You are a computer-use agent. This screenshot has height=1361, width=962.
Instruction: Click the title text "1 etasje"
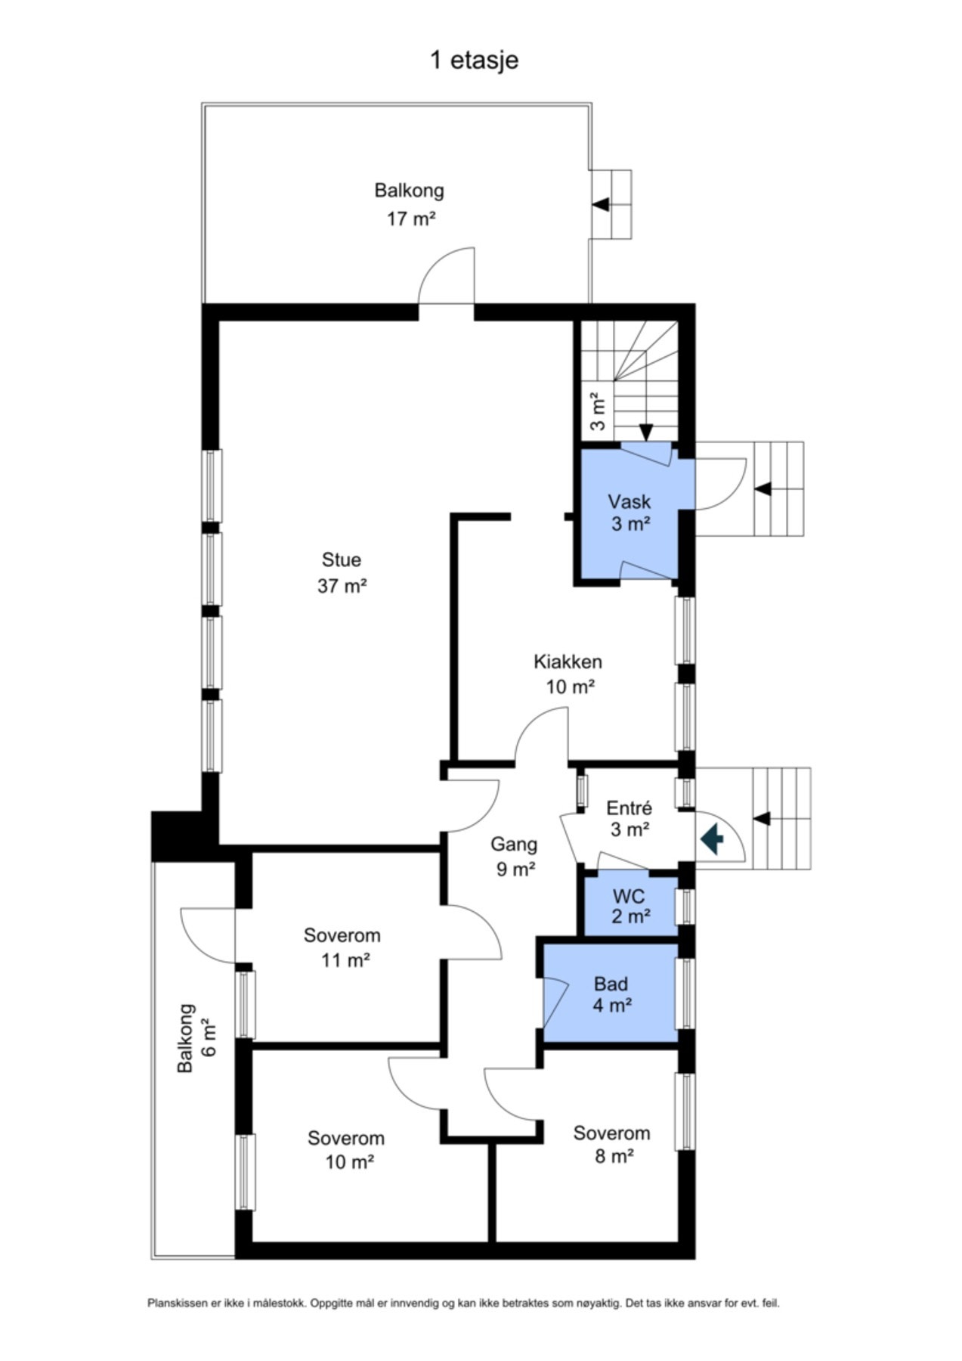tap(474, 60)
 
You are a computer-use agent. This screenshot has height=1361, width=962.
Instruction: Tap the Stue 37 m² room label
tap(342, 572)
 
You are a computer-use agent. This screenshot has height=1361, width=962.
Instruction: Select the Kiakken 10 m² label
tap(568, 674)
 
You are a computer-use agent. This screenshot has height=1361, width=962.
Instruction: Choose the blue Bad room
tap(611, 993)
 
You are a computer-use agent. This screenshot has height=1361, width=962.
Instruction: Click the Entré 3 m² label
tap(629, 819)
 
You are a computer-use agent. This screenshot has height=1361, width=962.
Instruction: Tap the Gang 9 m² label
tap(515, 856)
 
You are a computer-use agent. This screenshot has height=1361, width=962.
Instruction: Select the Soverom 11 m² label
tap(342, 947)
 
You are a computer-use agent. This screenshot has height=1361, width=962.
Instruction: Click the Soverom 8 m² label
tap(611, 1144)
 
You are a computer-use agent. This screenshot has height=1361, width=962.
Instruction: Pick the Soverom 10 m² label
tap(346, 1149)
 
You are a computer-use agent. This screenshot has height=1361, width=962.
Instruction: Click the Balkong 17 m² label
tap(410, 204)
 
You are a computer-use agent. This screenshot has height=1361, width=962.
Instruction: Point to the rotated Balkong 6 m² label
tap(196, 1037)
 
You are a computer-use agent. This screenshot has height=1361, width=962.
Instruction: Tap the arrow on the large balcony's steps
tap(602, 204)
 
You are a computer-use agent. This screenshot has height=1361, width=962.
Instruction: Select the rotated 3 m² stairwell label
tap(598, 411)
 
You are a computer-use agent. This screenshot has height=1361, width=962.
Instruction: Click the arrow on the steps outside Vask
tap(762, 488)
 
